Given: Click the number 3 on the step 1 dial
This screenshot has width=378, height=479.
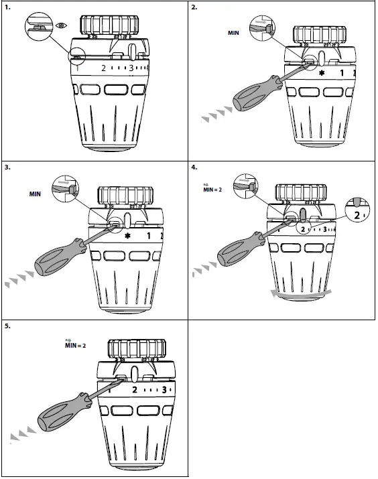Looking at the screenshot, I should [132, 68].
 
